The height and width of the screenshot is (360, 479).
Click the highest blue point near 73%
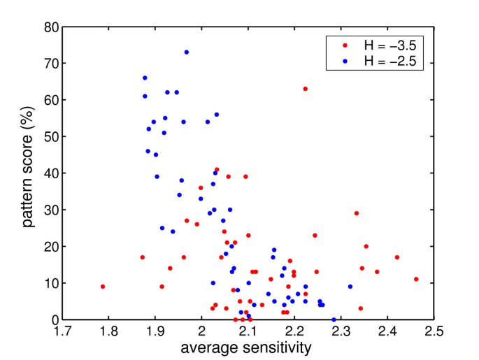click(x=187, y=52)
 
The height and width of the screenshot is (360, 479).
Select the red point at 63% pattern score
click(x=306, y=89)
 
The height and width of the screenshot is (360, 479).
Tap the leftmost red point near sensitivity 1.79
click(x=103, y=287)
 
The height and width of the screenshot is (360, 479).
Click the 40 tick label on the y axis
click(x=50, y=173)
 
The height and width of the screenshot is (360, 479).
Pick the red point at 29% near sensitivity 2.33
click(x=357, y=213)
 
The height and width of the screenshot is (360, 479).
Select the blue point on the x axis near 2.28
click(x=334, y=319)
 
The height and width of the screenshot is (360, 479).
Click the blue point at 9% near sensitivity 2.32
click(x=350, y=287)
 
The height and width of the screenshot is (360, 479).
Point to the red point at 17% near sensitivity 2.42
click(x=397, y=257)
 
